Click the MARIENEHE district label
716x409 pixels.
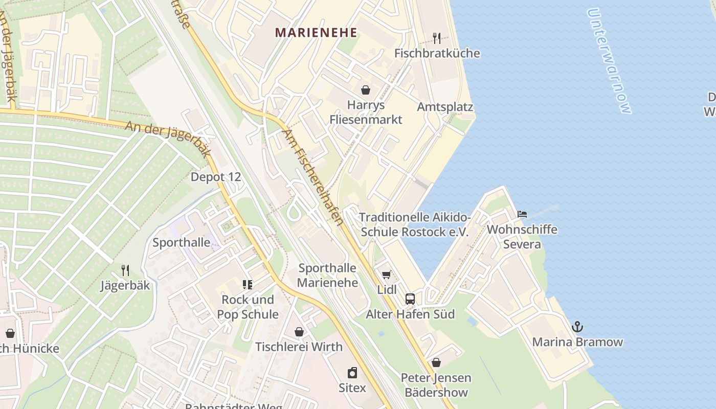click(316, 33)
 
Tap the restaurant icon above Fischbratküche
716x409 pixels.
click(437, 38)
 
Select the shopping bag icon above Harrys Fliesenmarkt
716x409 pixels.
click(366, 90)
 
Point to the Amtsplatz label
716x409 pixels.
click(445, 107)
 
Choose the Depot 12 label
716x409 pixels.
click(215, 177)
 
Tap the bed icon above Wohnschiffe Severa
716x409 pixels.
click(522, 214)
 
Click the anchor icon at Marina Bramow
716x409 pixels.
click(577, 327)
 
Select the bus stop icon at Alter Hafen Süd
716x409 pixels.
click(410, 299)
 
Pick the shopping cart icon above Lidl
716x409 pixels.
click(387, 275)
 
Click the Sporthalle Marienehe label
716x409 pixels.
click(327, 275)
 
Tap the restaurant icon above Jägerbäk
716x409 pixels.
click(125, 270)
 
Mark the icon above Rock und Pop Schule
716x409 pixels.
click(248, 285)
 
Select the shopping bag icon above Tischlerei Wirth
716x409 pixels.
click(299, 332)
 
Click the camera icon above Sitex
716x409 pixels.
click(352, 372)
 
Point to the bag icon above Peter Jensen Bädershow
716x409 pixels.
click(436, 362)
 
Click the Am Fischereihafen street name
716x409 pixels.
click(312, 177)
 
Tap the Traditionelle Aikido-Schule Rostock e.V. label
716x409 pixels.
click(415, 224)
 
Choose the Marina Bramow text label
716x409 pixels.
click(577, 342)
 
